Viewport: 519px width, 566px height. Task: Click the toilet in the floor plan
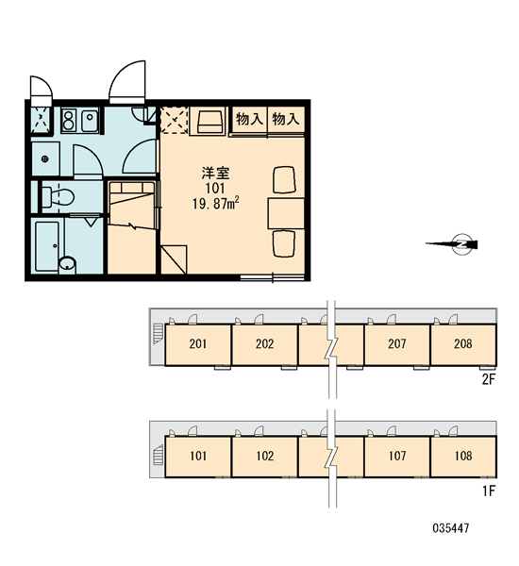tap(58, 197)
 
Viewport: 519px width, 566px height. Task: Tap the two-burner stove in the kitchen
tap(68, 121)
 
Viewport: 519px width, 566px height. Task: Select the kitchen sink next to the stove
tap(90, 121)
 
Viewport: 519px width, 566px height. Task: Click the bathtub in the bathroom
tap(47, 246)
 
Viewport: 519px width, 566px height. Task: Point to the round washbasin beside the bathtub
tap(67, 263)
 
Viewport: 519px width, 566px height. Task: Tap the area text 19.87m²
tap(215, 204)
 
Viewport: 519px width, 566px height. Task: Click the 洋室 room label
tap(215, 174)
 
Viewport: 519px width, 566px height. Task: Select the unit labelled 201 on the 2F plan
tap(198, 344)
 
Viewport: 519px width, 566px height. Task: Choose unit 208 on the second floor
tap(463, 344)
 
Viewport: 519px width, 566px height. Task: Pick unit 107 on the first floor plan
tap(397, 457)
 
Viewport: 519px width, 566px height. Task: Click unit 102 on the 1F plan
tap(265, 457)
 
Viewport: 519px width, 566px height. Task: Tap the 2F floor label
tap(488, 379)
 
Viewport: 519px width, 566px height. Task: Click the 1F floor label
tap(489, 491)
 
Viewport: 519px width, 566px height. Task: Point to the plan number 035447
tap(451, 528)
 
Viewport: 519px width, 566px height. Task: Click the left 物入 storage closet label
tap(249, 119)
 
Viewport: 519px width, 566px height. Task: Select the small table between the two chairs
tap(286, 213)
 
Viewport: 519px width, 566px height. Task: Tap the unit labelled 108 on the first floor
tap(463, 457)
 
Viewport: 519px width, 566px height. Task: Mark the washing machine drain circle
tap(45, 158)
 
